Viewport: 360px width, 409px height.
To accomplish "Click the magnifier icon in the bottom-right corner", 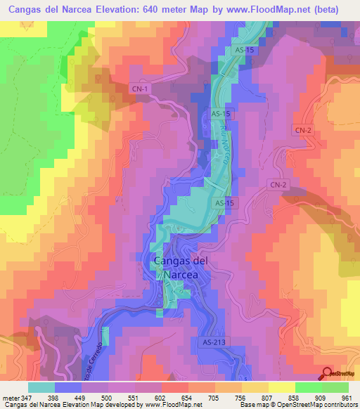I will pyautogui.click(x=328, y=375).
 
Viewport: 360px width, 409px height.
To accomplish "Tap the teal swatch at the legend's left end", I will pyautogui.click(x=41, y=387).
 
